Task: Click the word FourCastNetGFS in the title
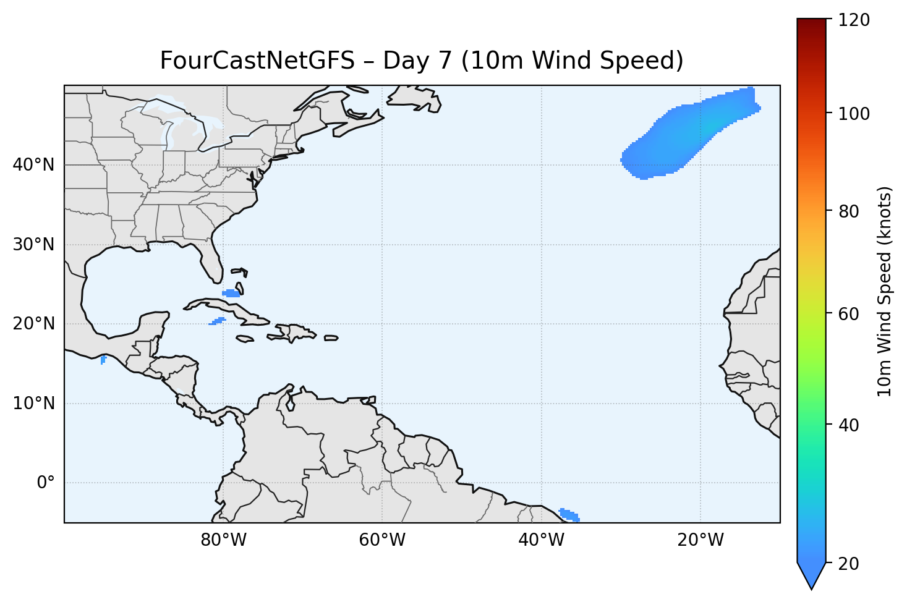[x=257, y=61]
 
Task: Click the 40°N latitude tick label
[x=33, y=165]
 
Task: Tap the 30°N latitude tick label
[x=33, y=245]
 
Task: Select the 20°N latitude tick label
[x=33, y=324]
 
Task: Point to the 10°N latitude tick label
[x=33, y=404]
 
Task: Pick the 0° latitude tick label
[x=46, y=483]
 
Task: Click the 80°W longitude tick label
[x=224, y=540]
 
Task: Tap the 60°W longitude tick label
[x=383, y=540]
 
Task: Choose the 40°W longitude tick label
[x=542, y=540]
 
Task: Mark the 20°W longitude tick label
[x=700, y=540]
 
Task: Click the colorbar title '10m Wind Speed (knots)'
[x=885, y=291]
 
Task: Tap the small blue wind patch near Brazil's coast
[x=569, y=514]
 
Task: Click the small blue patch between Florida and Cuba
[x=232, y=293]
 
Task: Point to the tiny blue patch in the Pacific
[x=103, y=360]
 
